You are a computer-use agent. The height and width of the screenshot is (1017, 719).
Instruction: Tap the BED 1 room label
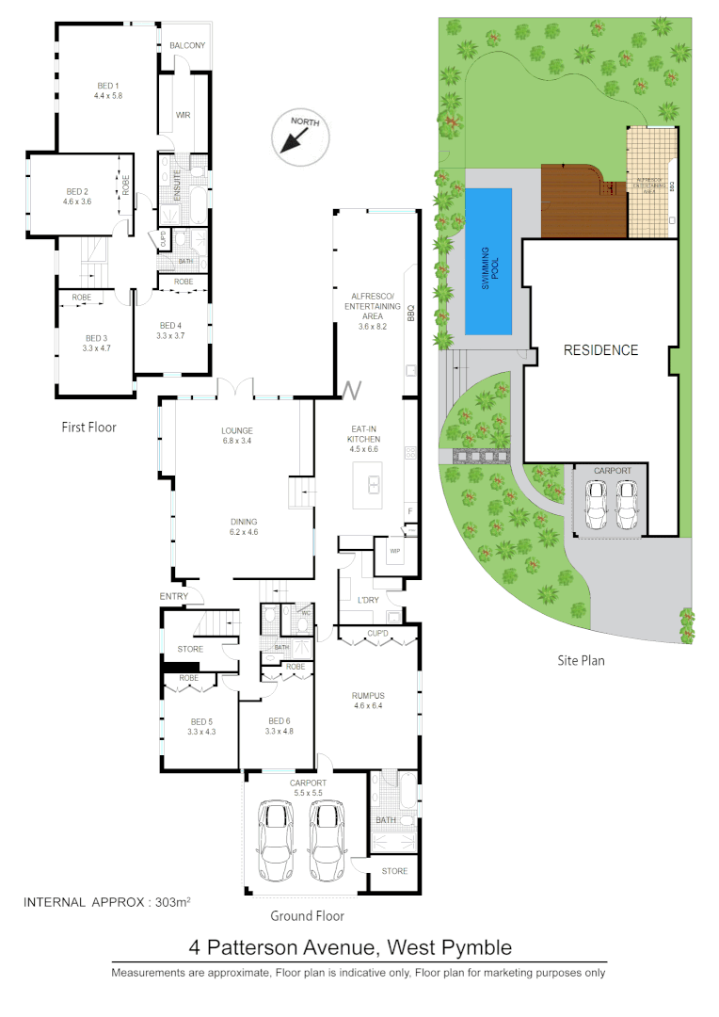(109, 85)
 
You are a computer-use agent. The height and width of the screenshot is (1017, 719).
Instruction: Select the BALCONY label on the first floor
(187, 46)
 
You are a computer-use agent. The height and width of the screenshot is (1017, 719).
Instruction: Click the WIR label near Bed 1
(184, 116)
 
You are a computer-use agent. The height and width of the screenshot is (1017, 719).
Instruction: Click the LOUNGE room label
(236, 431)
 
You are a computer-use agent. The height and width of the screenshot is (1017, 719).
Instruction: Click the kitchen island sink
(373, 486)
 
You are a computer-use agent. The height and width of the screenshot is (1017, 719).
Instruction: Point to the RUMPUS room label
(370, 696)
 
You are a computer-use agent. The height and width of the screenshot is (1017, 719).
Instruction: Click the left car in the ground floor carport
(278, 841)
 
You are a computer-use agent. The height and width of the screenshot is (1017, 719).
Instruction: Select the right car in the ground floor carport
(328, 841)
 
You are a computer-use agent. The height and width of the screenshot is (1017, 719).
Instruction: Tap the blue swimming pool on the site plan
(488, 261)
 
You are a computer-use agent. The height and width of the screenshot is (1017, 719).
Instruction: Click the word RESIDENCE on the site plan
(600, 350)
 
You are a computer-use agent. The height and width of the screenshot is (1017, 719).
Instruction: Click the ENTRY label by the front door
(174, 596)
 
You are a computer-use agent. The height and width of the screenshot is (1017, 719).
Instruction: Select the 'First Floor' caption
(88, 427)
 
